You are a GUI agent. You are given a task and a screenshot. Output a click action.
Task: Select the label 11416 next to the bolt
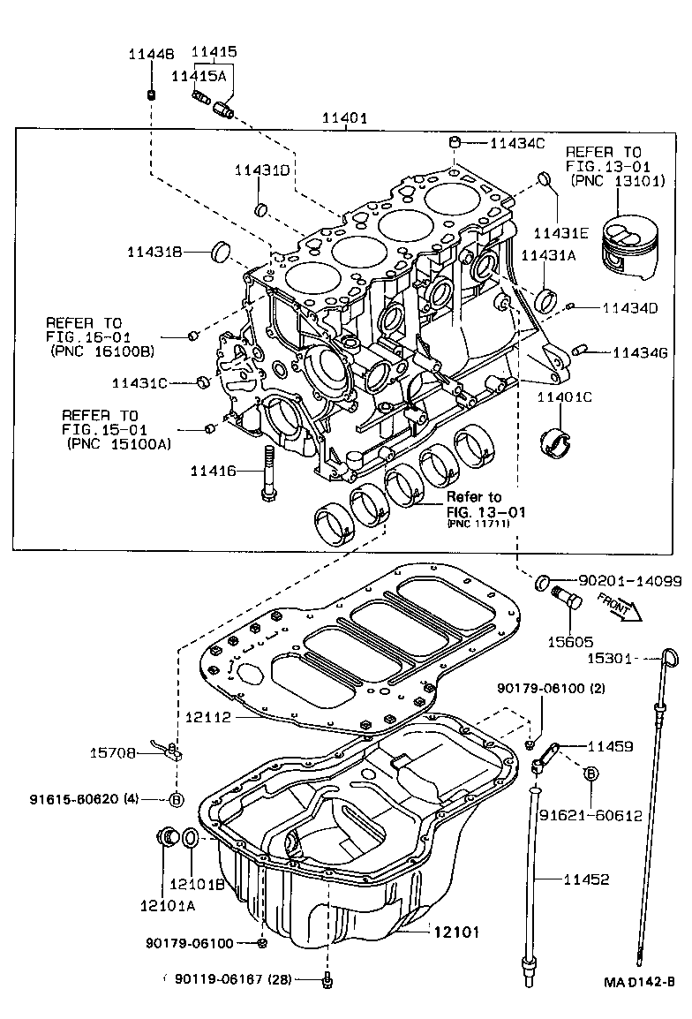(214, 472)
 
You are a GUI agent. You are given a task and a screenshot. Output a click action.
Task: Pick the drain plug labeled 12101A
(164, 837)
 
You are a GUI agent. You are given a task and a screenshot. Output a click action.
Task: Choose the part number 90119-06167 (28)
(233, 978)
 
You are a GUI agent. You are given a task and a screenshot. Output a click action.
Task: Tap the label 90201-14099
(629, 581)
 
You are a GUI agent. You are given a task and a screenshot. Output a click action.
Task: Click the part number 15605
(570, 642)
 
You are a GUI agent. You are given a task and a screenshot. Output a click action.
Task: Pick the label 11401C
(564, 397)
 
